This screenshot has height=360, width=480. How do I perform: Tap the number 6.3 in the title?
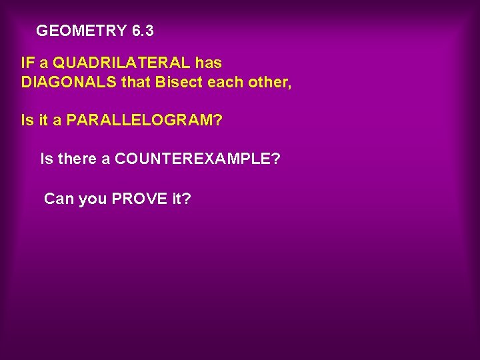click(143, 31)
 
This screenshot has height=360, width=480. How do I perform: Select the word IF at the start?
click(28, 63)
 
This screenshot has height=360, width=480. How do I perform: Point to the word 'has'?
click(209, 63)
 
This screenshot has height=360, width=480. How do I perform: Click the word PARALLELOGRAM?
click(145, 121)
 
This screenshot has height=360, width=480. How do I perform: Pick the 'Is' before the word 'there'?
click(47, 159)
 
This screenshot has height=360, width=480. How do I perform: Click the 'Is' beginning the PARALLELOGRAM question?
click(27, 121)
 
